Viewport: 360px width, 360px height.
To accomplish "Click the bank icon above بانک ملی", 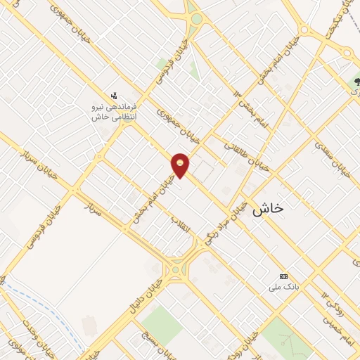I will coord(283,276).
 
